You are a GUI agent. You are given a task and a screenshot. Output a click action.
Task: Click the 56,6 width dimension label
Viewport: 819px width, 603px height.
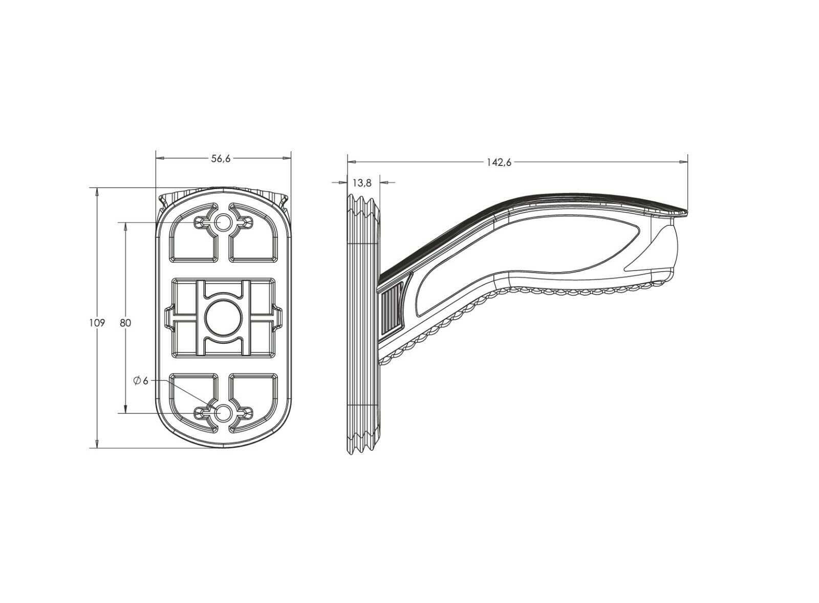[x=222, y=159]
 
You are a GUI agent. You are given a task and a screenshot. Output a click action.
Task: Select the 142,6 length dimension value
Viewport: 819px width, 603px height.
[x=500, y=162]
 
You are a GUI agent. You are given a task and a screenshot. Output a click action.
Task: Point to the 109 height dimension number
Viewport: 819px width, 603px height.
[x=98, y=323]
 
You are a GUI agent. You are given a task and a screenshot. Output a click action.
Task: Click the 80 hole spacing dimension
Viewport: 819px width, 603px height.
[x=126, y=323]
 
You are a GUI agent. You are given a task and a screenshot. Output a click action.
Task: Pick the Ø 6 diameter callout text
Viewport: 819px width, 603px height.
[x=141, y=381]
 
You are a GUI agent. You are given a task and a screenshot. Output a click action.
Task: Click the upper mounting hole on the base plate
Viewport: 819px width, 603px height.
[x=223, y=222]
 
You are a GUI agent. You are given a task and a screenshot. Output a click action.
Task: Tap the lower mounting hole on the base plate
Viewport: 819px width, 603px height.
[x=223, y=412]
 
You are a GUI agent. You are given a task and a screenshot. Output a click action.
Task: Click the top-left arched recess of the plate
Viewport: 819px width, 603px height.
[x=192, y=238]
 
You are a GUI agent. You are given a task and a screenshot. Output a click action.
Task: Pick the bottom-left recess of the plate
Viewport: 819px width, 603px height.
[x=192, y=397]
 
